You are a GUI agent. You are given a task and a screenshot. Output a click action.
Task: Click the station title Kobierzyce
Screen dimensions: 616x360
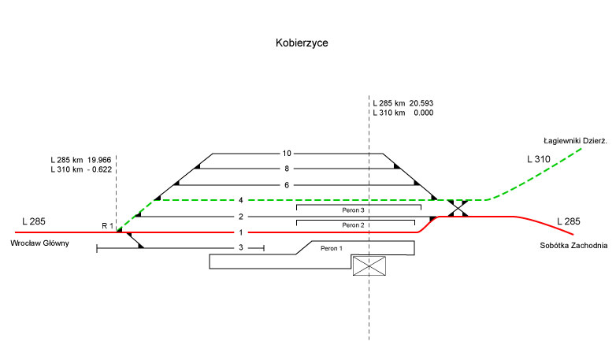tap(302, 43)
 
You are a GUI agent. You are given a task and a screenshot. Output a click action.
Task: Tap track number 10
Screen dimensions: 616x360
tap(287, 154)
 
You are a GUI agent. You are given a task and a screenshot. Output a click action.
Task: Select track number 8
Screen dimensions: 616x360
tap(287, 169)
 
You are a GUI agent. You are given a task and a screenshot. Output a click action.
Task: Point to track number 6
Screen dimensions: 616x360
tap(287, 185)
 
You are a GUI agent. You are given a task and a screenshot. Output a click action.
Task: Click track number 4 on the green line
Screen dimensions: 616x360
tap(241, 200)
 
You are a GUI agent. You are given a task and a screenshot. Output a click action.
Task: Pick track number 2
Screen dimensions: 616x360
tap(241, 217)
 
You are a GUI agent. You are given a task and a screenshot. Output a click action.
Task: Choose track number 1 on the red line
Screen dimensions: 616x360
tap(241, 232)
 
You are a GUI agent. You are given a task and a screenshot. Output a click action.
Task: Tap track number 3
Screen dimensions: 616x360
tap(241, 247)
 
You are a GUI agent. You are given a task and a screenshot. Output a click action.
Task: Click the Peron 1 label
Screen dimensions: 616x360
tap(332, 248)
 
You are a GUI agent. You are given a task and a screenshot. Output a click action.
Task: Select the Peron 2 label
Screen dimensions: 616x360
tap(353, 225)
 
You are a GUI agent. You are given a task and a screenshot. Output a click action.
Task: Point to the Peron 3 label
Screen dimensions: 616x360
tap(353, 210)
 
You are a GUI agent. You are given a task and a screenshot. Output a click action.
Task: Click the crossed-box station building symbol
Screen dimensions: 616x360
tap(369, 266)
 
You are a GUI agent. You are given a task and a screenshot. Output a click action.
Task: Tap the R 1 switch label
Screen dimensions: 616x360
tap(107, 226)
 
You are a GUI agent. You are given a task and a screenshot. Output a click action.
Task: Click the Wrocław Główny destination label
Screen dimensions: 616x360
tap(39, 243)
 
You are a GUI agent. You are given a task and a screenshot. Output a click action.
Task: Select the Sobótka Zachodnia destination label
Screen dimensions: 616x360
tap(573, 246)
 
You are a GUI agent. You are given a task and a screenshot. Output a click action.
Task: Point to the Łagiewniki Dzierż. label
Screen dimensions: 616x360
tap(576, 141)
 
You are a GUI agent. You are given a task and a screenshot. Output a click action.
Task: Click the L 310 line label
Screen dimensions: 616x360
tap(539, 159)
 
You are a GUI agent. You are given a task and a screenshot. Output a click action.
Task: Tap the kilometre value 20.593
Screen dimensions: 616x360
tap(421, 103)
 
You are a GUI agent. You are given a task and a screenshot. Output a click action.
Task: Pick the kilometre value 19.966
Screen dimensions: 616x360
tap(99, 160)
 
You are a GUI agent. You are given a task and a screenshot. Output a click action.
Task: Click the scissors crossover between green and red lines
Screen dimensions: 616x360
tap(458, 208)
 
